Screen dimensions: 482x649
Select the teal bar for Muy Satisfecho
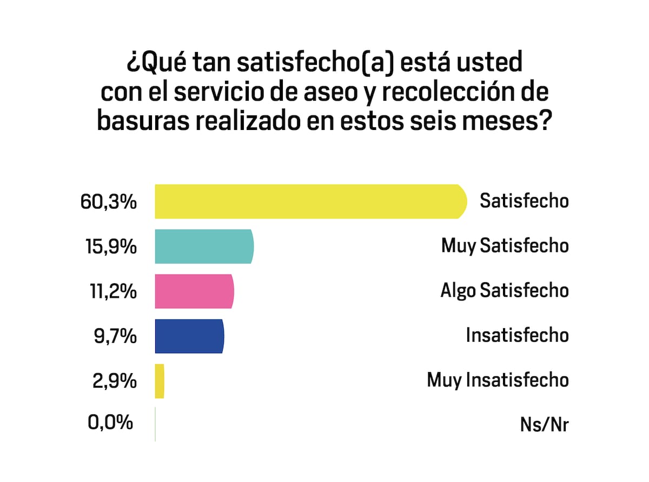(x=204, y=246)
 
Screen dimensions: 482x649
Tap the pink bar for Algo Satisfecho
(x=194, y=291)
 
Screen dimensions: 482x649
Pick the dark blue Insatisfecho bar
(x=189, y=336)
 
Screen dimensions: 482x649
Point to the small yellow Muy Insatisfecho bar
(x=160, y=381)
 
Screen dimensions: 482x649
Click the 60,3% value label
(x=108, y=202)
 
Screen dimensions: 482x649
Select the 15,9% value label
(x=108, y=247)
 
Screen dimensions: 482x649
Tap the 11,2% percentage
(x=109, y=292)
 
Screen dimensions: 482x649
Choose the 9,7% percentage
(x=114, y=337)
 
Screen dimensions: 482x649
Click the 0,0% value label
(x=110, y=422)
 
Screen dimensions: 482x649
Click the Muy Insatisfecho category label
(x=498, y=380)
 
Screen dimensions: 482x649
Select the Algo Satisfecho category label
(x=504, y=291)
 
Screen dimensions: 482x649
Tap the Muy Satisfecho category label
(x=505, y=246)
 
